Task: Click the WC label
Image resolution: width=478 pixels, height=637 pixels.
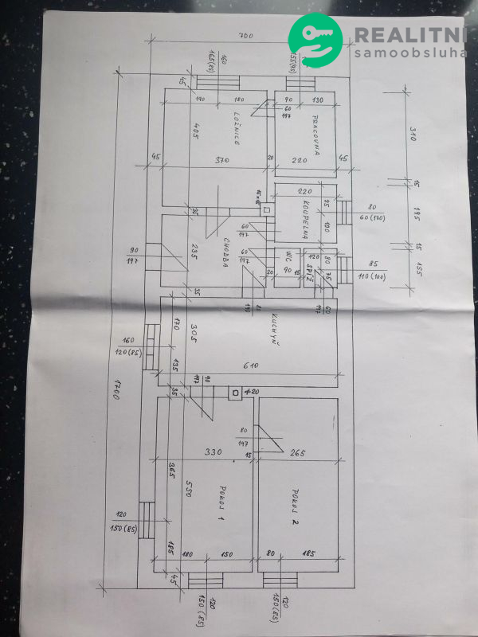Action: [288, 257]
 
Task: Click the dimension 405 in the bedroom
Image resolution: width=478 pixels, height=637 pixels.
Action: [194, 131]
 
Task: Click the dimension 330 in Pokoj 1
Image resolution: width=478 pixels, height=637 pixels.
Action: [213, 452]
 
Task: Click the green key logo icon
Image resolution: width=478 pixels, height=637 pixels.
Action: [315, 43]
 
